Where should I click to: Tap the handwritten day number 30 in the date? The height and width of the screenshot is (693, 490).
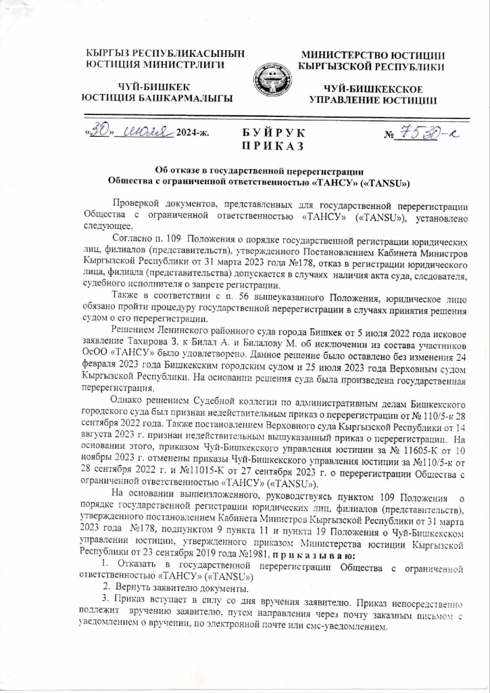[101, 130]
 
